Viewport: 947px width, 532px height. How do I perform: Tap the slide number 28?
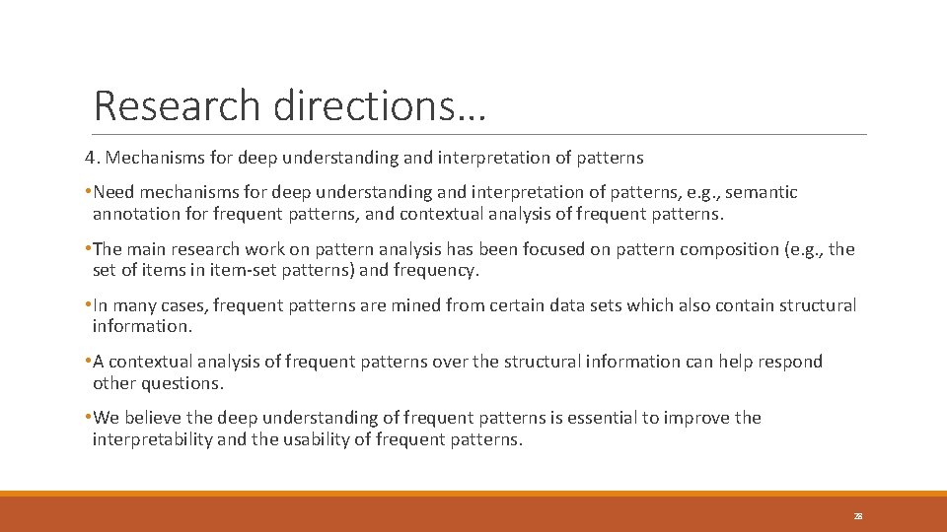point(858,515)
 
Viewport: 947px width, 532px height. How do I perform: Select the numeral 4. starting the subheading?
point(92,157)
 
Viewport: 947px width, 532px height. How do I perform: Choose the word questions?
point(182,382)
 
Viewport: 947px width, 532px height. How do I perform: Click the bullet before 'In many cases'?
point(88,305)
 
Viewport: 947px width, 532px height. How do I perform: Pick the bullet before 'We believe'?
point(88,418)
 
